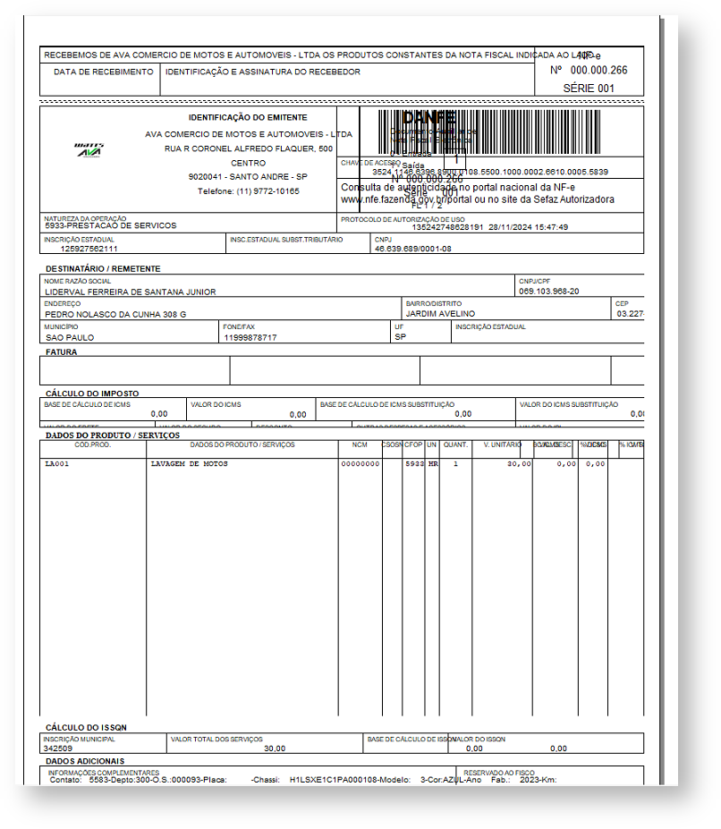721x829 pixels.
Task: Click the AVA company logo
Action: click(x=89, y=150)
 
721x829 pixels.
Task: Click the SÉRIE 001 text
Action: click(x=589, y=89)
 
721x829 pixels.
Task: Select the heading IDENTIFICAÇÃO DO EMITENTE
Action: click(x=248, y=117)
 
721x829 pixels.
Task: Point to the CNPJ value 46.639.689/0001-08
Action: click(x=413, y=249)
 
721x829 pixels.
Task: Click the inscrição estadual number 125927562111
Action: click(x=89, y=249)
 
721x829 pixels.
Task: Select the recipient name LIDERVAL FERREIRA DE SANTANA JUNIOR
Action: click(x=131, y=292)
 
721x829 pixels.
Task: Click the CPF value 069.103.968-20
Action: click(x=549, y=292)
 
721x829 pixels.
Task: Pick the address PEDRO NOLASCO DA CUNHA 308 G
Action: click(x=115, y=314)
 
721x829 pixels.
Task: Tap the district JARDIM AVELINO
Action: click(x=441, y=314)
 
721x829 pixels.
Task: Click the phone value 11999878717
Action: click(x=250, y=337)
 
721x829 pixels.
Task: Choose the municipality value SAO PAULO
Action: click(x=69, y=337)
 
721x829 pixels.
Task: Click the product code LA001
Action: click(x=56, y=464)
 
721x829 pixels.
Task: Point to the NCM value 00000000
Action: click(x=360, y=464)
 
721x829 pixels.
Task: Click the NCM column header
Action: click(x=360, y=444)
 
